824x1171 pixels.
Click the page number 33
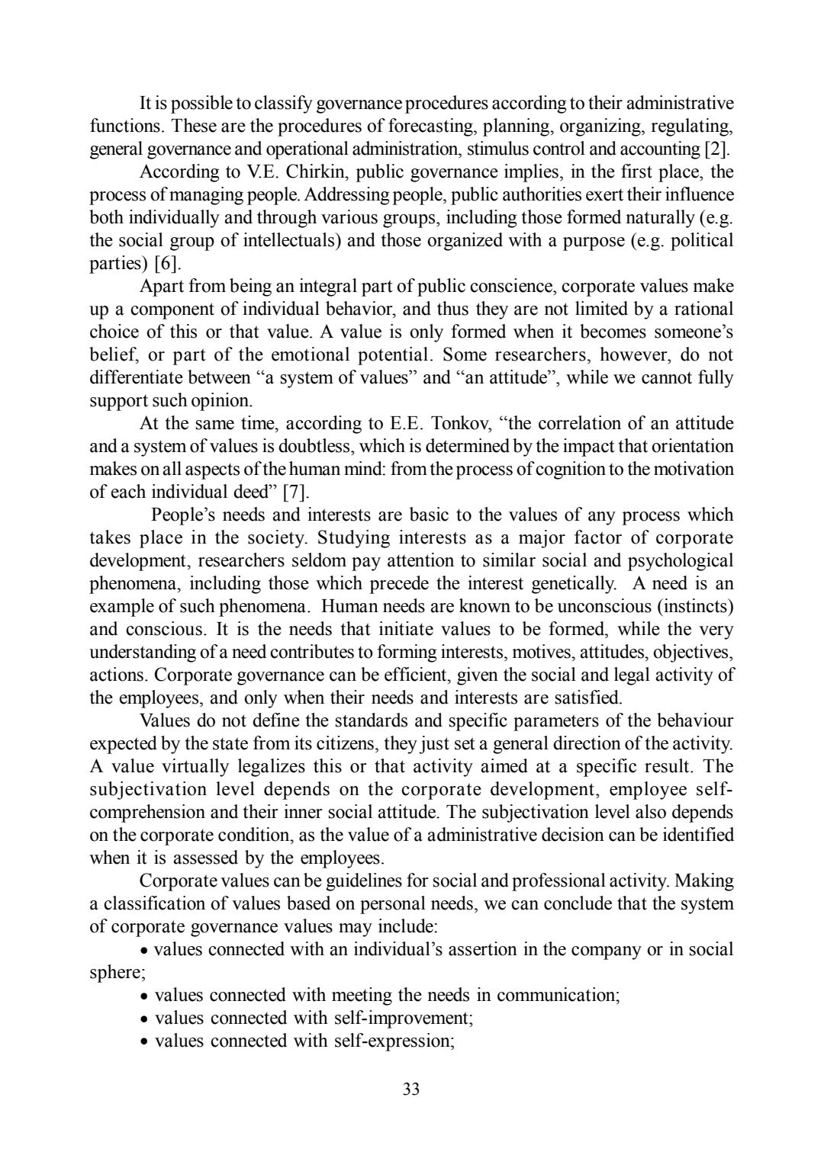coord(411,1089)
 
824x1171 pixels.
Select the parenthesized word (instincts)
coord(694,606)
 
